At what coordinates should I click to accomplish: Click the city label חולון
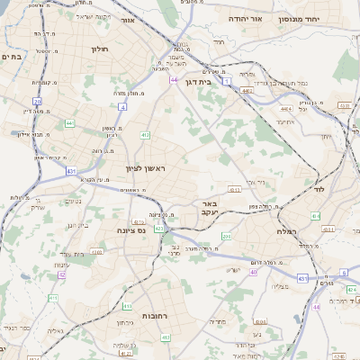(x=99, y=50)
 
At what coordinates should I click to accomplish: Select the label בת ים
(x=11, y=56)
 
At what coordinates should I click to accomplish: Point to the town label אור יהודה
(x=244, y=17)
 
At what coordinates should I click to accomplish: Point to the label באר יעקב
(x=210, y=210)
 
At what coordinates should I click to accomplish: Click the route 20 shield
(x=38, y=102)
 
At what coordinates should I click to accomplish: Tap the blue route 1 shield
(x=228, y=81)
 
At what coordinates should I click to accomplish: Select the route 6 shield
(x=343, y=272)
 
